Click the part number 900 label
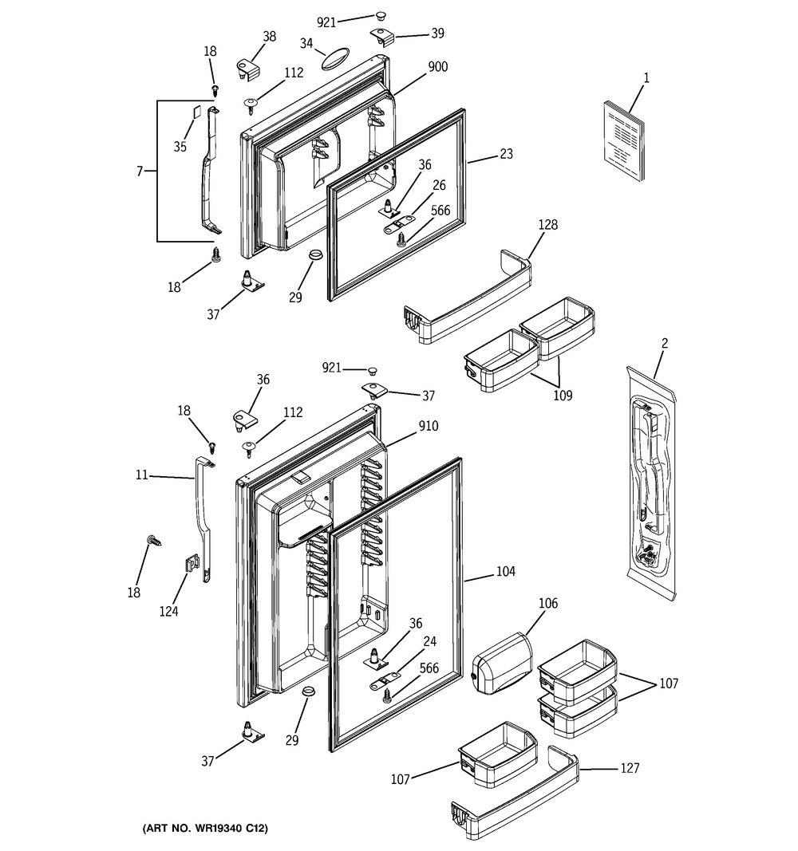click(437, 67)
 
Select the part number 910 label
click(428, 426)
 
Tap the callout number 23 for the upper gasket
click(506, 154)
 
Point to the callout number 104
click(505, 571)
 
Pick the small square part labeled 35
click(196, 112)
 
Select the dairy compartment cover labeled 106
click(500, 664)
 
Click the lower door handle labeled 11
click(204, 518)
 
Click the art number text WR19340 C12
click(235, 828)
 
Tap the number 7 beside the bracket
click(140, 171)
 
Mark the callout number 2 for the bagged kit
click(665, 344)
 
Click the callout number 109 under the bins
click(563, 396)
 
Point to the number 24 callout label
click(429, 641)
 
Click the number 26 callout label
click(439, 186)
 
